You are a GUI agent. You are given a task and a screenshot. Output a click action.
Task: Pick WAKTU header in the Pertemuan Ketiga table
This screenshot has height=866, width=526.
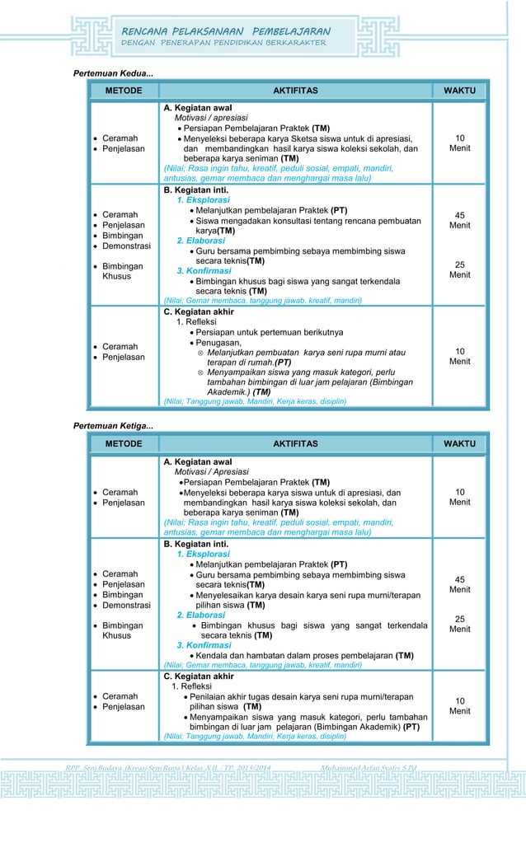[459, 444]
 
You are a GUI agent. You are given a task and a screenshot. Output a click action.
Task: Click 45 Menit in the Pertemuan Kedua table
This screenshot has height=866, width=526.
[459, 220]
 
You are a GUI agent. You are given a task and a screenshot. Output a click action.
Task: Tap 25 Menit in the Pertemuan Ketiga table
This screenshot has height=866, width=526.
[459, 624]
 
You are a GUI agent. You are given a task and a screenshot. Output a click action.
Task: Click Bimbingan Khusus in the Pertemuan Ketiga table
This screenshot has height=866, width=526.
[122, 630]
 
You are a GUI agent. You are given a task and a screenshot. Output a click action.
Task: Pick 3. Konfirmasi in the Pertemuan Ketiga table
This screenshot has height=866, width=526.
[203, 645]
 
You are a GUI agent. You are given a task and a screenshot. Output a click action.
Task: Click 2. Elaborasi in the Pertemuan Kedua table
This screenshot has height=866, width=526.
[202, 240]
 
